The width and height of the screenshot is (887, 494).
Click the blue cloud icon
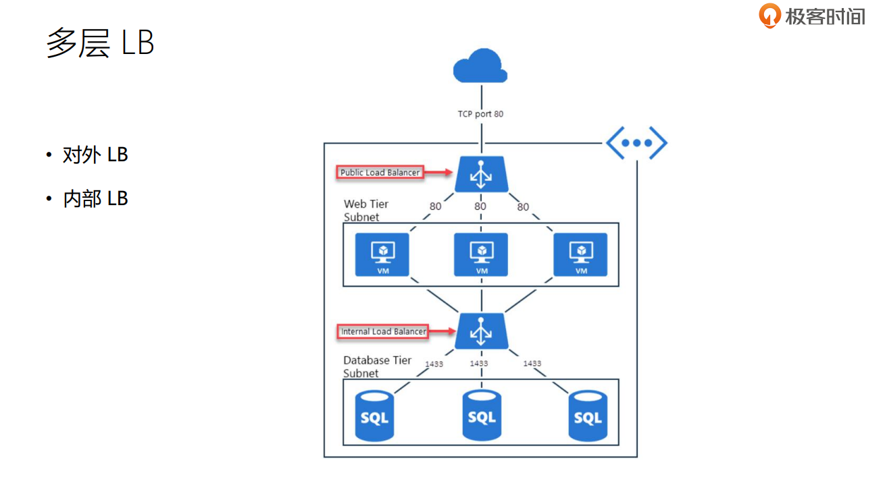[480, 66]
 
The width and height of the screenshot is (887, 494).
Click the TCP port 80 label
[480, 114]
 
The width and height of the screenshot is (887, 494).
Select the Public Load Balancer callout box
[380, 173]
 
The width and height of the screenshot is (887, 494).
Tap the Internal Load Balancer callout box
[383, 331]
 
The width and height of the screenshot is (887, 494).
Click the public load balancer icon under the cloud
[480, 174]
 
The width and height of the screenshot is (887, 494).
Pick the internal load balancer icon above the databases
[480, 331]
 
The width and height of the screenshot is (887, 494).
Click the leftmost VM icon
[382, 254]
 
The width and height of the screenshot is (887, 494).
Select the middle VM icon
[481, 254]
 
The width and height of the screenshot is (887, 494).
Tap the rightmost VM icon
[580, 254]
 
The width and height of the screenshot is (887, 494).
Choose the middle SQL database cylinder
[482, 416]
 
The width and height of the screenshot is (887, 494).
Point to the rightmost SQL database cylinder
[587, 417]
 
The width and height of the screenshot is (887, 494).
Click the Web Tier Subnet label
[366, 211]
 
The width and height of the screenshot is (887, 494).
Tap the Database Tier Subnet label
[377, 366]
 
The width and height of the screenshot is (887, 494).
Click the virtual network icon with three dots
[636, 143]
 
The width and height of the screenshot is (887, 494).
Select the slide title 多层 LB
[100, 43]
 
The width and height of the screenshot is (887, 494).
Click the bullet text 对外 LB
[95, 155]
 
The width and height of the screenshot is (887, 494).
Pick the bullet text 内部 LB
[95, 198]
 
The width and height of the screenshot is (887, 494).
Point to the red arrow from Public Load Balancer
[438, 173]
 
